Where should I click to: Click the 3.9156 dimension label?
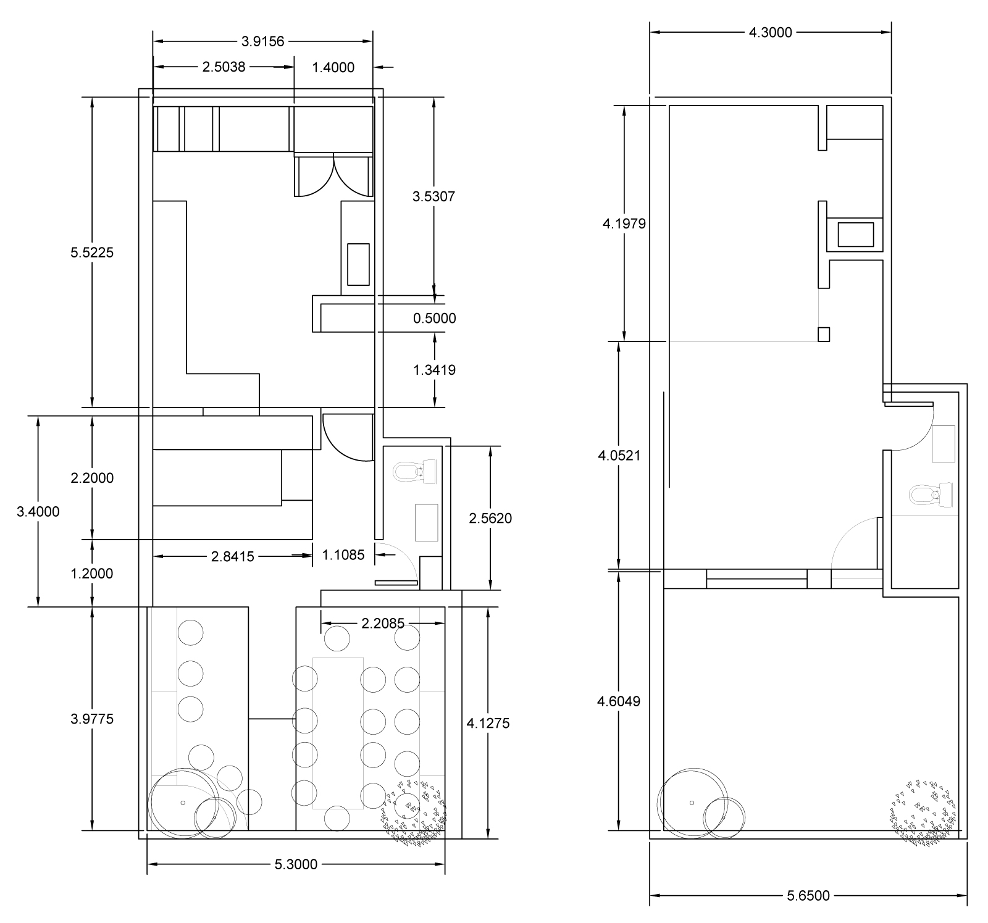point(262,41)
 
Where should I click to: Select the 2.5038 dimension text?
point(224,67)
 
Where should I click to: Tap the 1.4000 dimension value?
point(333,67)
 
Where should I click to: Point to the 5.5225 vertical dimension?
point(93,253)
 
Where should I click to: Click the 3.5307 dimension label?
point(433,197)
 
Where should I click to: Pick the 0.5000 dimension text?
point(435,319)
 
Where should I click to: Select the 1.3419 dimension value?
point(434,370)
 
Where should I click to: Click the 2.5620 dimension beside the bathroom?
point(490,519)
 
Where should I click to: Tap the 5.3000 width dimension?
point(296,864)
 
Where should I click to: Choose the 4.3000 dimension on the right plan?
point(770,33)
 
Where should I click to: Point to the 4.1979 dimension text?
point(624,223)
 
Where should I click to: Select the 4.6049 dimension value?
point(619,701)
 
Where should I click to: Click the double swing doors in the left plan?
point(334,176)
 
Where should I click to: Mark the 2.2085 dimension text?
point(383,624)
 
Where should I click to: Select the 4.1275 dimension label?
point(488,723)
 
